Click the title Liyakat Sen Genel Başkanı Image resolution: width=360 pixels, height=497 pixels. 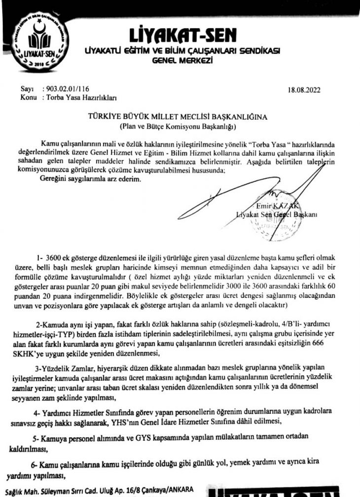[276, 214]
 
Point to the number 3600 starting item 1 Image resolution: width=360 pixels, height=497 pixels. [53, 258]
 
